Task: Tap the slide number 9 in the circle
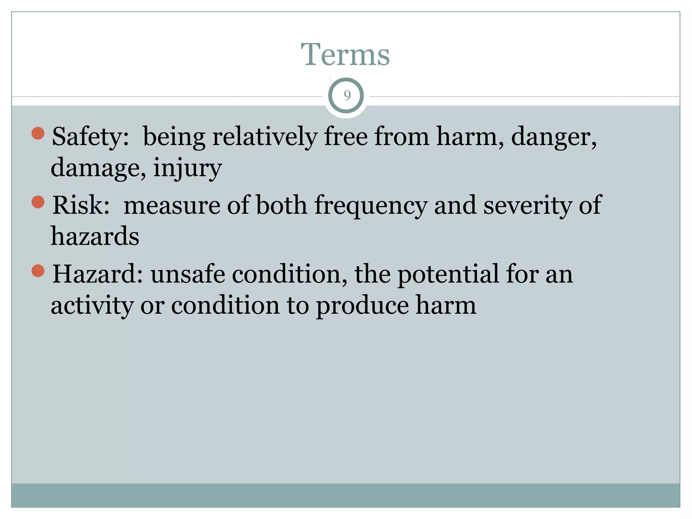[x=347, y=96]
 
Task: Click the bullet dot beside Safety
[x=38, y=133]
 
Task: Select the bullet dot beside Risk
[x=38, y=202]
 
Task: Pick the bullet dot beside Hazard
[x=38, y=271]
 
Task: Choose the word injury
[x=188, y=168]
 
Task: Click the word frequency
[x=371, y=205]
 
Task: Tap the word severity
[x=527, y=205]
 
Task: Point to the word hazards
[x=95, y=236]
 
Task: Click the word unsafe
[x=188, y=274]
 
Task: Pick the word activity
[x=92, y=305]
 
